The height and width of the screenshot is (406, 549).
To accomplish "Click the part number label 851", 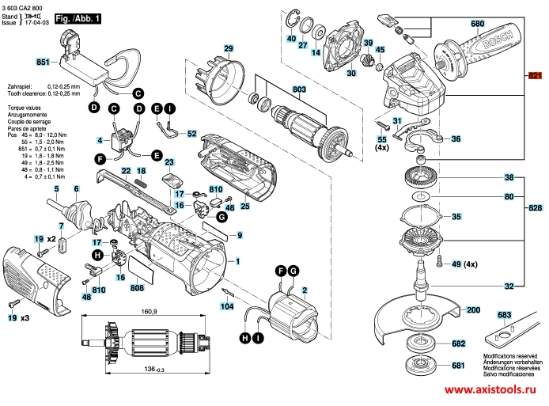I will (x=43, y=61).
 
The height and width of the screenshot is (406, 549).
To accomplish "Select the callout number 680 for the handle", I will (x=477, y=24).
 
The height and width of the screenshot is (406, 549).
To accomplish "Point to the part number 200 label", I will (x=473, y=312).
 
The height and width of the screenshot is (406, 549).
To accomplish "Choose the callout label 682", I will (x=458, y=343).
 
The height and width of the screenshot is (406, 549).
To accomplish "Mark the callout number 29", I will (x=229, y=49).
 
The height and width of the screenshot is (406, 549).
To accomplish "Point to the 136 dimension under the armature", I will (x=146, y=371).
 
